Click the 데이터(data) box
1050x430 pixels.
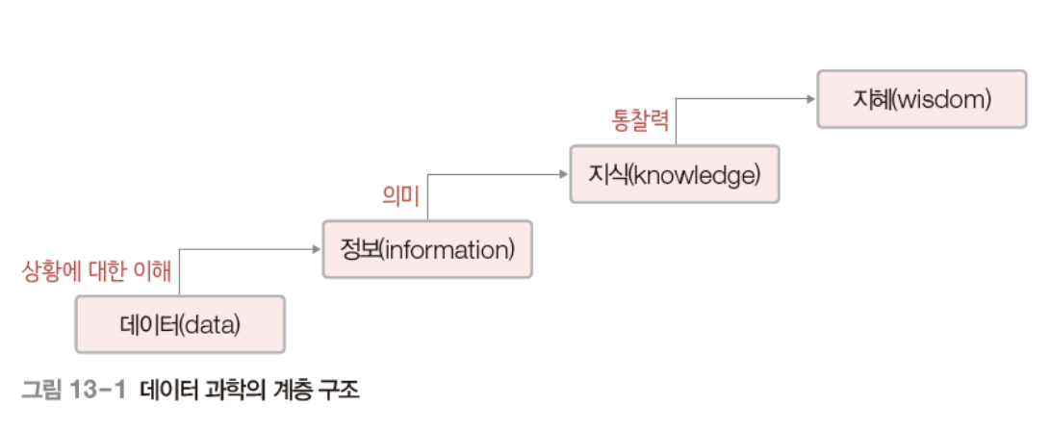click(x=180, y=324)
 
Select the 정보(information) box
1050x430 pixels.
click(x=427, y=249)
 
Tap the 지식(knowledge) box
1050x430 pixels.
click(x=674, y=174)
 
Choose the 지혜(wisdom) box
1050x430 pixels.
click(x=921, y=98)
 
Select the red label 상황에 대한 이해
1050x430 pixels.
click(x=96, y=271)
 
